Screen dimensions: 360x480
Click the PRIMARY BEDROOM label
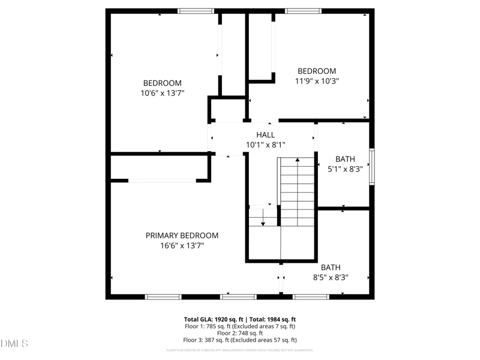(x=182, y=236)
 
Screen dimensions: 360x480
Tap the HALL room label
(x=265, y=135)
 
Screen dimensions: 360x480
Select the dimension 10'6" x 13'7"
(x=162, y=93)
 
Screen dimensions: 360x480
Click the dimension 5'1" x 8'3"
(x=345, y=169)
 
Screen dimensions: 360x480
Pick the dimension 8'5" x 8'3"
(x=331, y=278)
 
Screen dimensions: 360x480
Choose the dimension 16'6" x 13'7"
(x=182, y=245)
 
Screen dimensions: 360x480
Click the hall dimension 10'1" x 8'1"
(x=265, y=145)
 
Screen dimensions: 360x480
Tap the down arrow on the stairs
(x=262, y=220)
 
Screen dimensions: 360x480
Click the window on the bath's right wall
(x=372, y=166)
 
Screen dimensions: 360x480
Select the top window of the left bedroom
(x=196, y=11)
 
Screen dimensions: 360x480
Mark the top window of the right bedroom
(x=303, y=11)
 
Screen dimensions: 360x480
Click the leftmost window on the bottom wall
(x=163, y=296)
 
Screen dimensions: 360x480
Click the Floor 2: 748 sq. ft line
(x=239, y=333)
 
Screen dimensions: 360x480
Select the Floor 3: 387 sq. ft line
(x=239, y=340)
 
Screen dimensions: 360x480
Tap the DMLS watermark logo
(x=15, y=344)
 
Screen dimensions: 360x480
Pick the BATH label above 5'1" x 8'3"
(x=345, y=159)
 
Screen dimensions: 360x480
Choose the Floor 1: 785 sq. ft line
(x=239, y=326)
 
